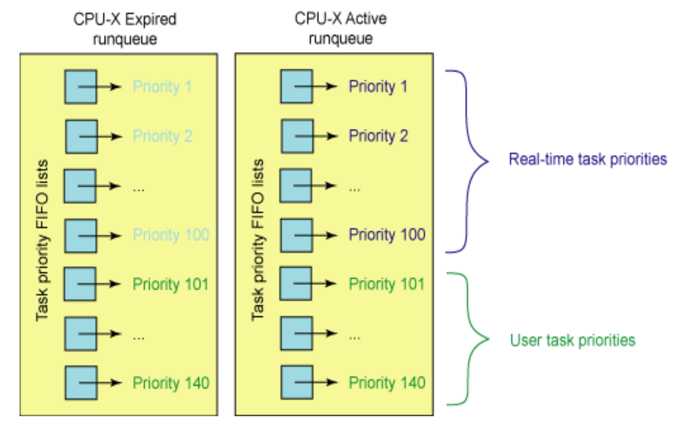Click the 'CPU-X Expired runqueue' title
pyautogui.click(x=125, y=28)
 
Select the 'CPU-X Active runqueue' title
pyautogui.click(x=340, y=28)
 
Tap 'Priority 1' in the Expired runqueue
pyautogui.click(x=162, y=86)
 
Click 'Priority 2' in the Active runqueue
pyautogui.click(x=378, y=136)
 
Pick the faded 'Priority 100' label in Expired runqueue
pyautogui.click(x=171, y=235)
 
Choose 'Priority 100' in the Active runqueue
pyautogui.click(x=387, y=235)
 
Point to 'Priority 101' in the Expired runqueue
pyautogui.click(x=171, y=284)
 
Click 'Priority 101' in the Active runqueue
pyautogui.click(x=387, y=284)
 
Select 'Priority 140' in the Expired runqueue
pyautogui.click(x=171, y=383)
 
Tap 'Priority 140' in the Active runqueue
pyautogui.click(x=387, y=383)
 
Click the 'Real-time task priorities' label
pyautogui.click(x=588, y=159)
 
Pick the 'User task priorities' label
pyautogui.click(x=572, y=340)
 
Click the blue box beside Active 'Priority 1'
pyautogui.click(x=296, y=86)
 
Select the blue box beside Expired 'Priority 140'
pyautogui.click(x=81, y=383)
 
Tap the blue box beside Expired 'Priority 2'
pyautogui.click(x=81, y=136)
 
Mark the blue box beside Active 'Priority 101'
pyautogui.click(x=296, y=284)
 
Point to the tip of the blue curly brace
pyautogui.click(x=488, y=161)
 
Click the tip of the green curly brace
pyautogui.click(x=489, y=339)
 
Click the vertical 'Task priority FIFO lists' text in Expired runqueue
pyautogui.click(x=42, y=241)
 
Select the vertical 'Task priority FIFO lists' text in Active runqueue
pyautogui.click(x=257, y=240)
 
